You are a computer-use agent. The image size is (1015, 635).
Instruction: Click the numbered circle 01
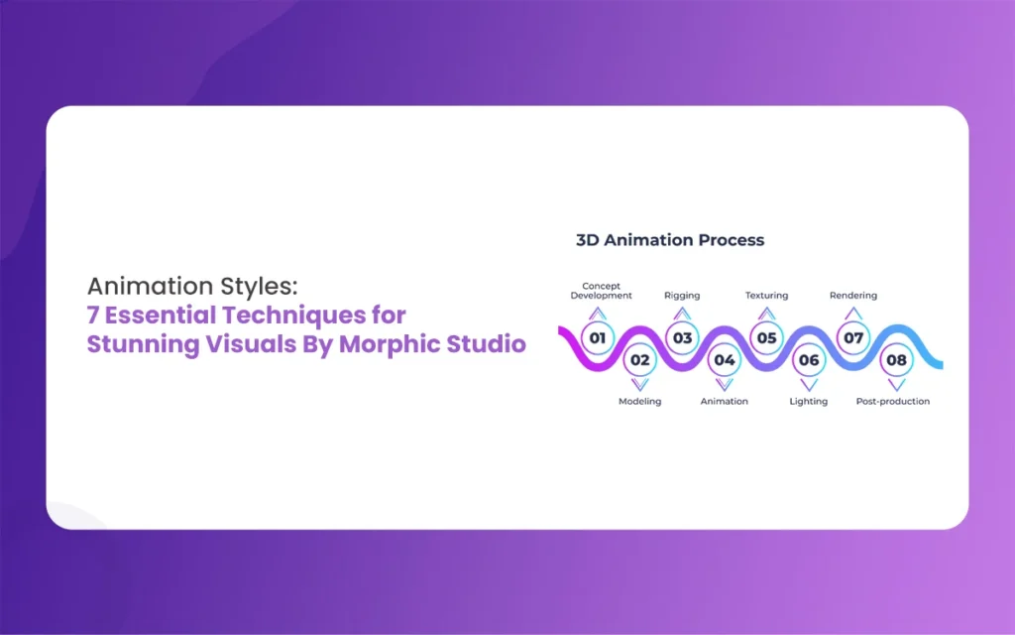tap(598, 337)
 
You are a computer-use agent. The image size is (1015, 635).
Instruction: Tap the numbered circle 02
tap(639, 360)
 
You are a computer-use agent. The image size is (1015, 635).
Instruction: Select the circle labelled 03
tap(682, 337)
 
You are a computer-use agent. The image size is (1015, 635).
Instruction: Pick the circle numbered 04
tap(725, 360)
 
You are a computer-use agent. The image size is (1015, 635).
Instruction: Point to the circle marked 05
tap(766, 337)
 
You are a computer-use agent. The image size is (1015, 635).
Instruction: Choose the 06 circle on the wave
tap(809, 360)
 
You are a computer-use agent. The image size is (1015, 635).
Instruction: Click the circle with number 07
tap(853, 337)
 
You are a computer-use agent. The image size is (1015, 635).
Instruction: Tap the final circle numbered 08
tap(896, 360)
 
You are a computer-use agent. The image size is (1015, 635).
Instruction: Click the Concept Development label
tap(602, 291)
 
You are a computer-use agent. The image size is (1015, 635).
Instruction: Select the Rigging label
tap(682, 296)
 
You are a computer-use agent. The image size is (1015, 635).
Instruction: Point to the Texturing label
tap(766, 296)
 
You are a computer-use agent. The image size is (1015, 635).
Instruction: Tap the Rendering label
tap(853, 296)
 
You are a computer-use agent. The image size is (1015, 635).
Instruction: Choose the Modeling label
tap(639, 402)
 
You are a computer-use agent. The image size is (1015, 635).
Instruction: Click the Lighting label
tap(809, 402)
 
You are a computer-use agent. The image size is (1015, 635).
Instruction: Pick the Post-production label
tap(893, 402)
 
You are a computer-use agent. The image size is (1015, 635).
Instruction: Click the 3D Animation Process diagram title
tap(670, 240)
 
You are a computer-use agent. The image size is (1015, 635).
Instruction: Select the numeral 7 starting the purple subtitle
tap(92, 316)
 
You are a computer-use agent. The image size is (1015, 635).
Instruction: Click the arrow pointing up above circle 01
tap(598, 314)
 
